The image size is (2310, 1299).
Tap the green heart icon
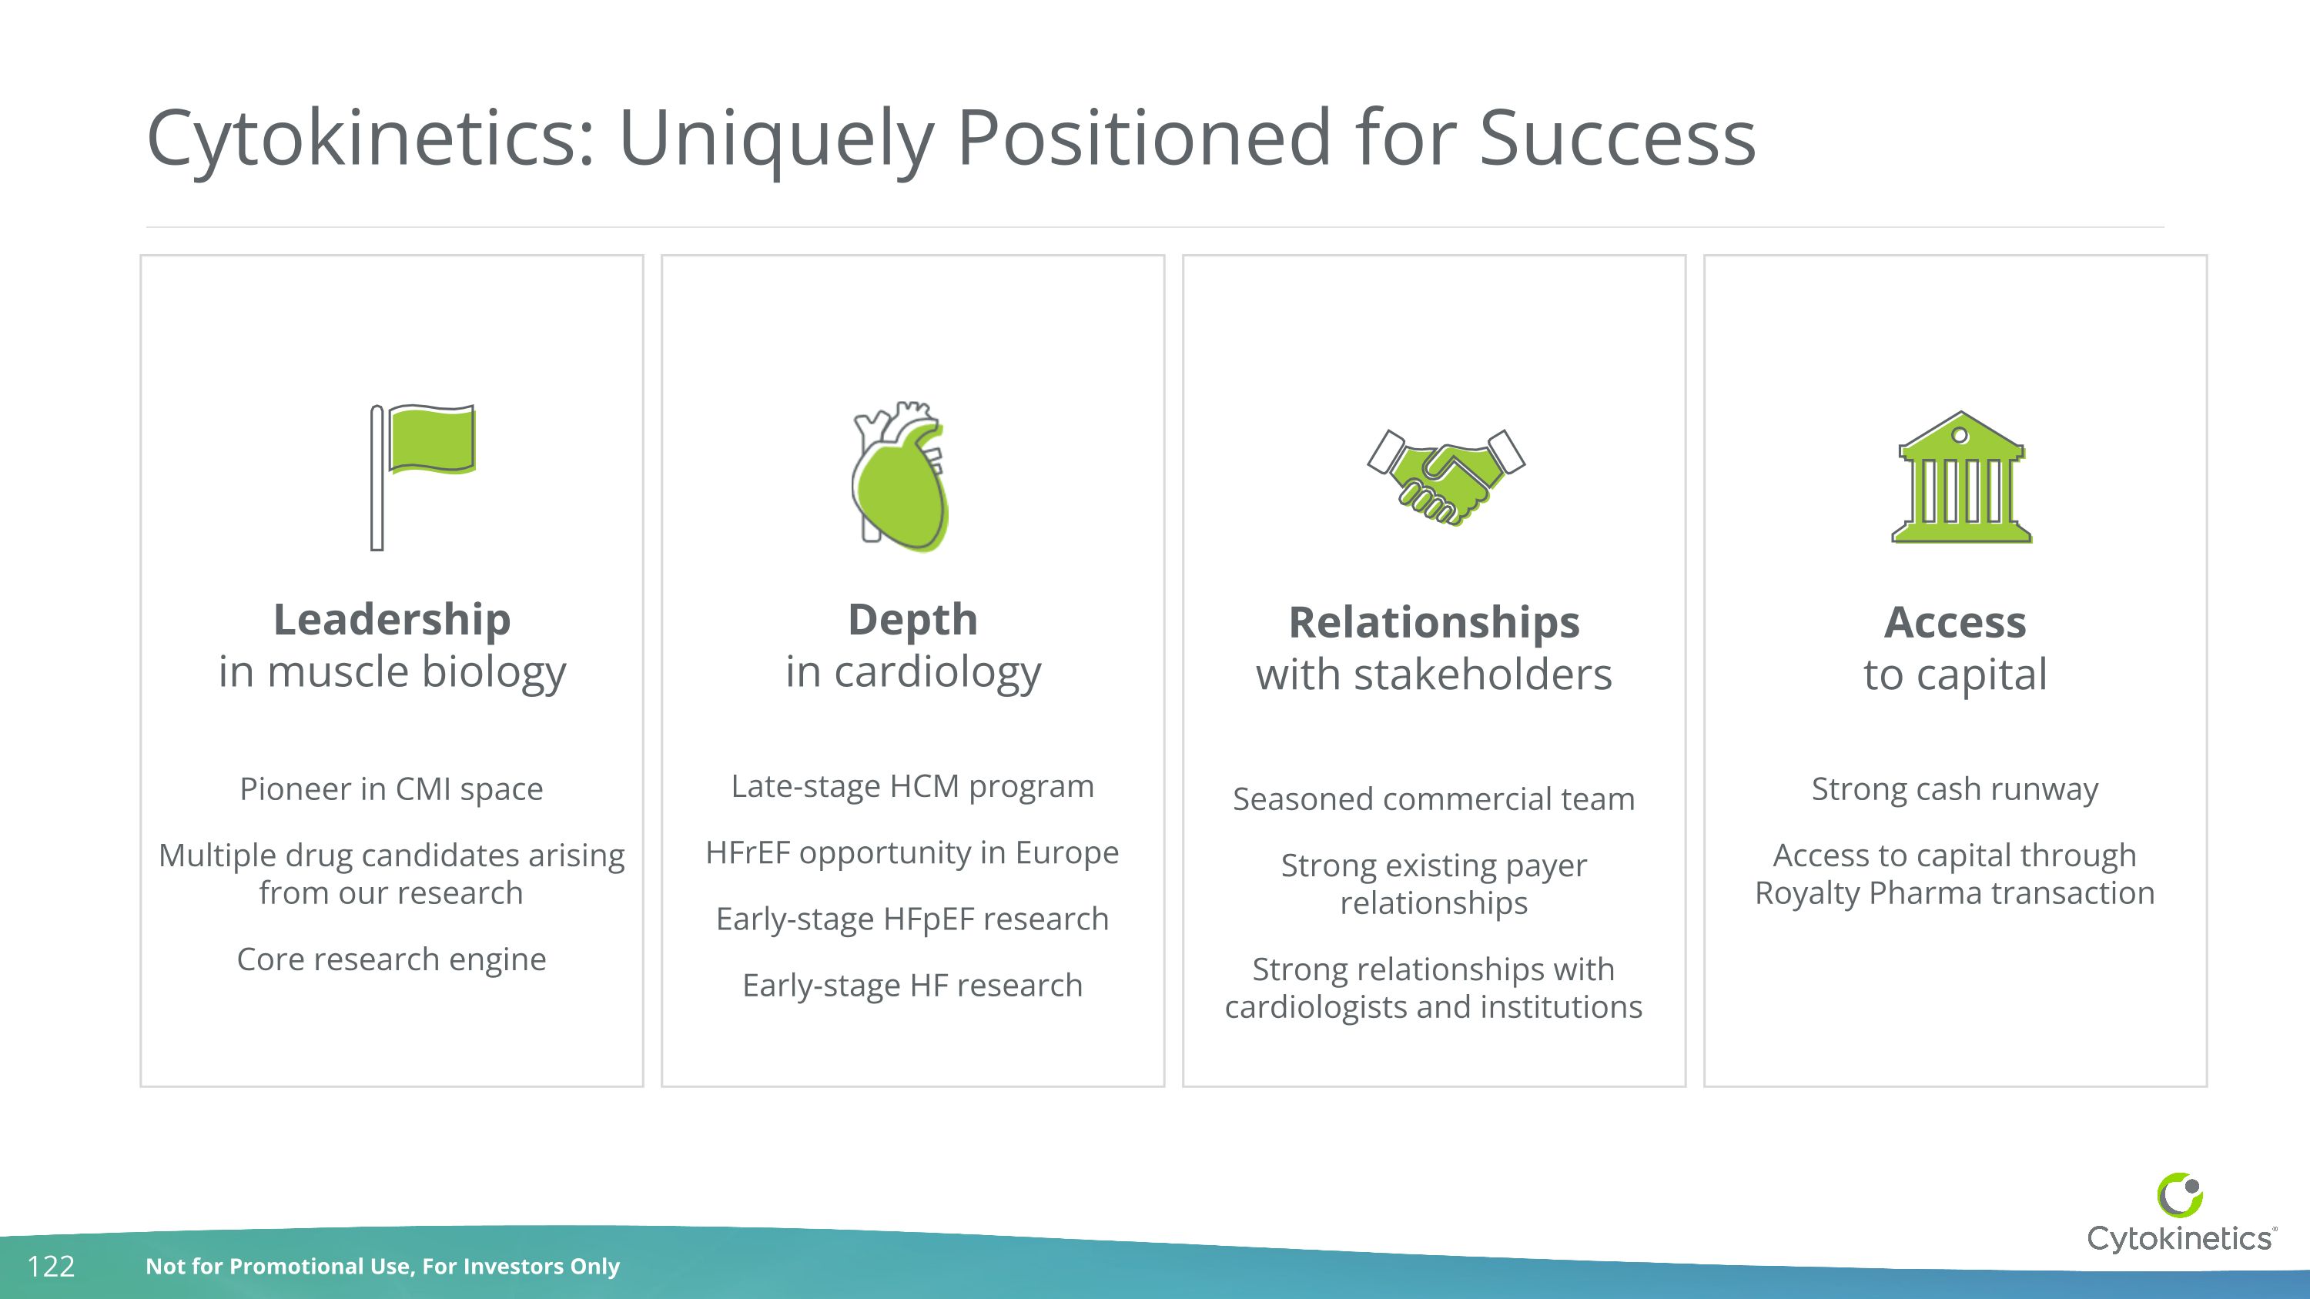click(900, 477)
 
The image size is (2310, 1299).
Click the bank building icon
click(1961, 479)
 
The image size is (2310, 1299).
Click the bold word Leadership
click(392, 619)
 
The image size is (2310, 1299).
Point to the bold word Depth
click(912, 619)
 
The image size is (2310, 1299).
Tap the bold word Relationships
click(1433, 622)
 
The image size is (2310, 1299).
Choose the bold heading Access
click(1955, 622)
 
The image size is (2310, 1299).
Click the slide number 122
click(51, 1266)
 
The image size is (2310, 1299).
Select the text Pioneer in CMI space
click(391, 789)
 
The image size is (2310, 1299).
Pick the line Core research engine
click(391, 959)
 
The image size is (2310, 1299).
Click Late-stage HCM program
click(912, 786)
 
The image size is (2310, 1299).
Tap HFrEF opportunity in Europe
click(912, 852)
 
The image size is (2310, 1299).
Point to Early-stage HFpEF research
click(912, 919)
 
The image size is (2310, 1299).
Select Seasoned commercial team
click(1433, 798)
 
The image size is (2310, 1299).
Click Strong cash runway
click(1955, 789)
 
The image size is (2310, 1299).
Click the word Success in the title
click(1617, 138)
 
